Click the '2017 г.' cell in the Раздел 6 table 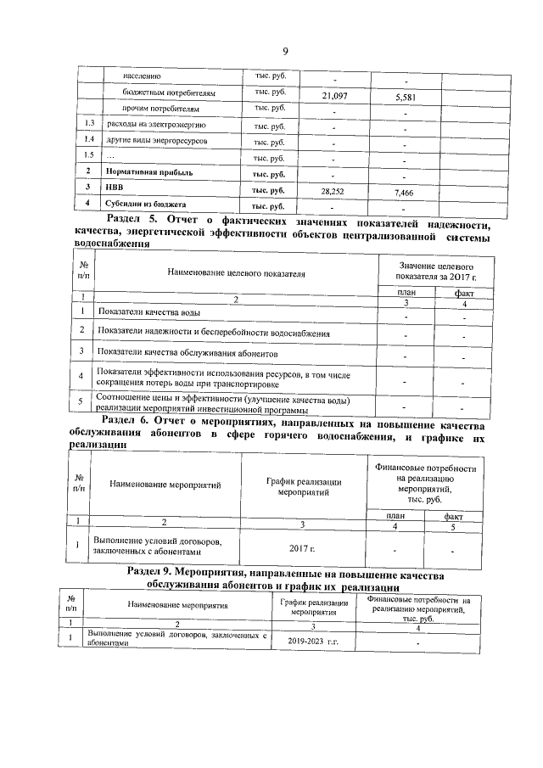point(302,547)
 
